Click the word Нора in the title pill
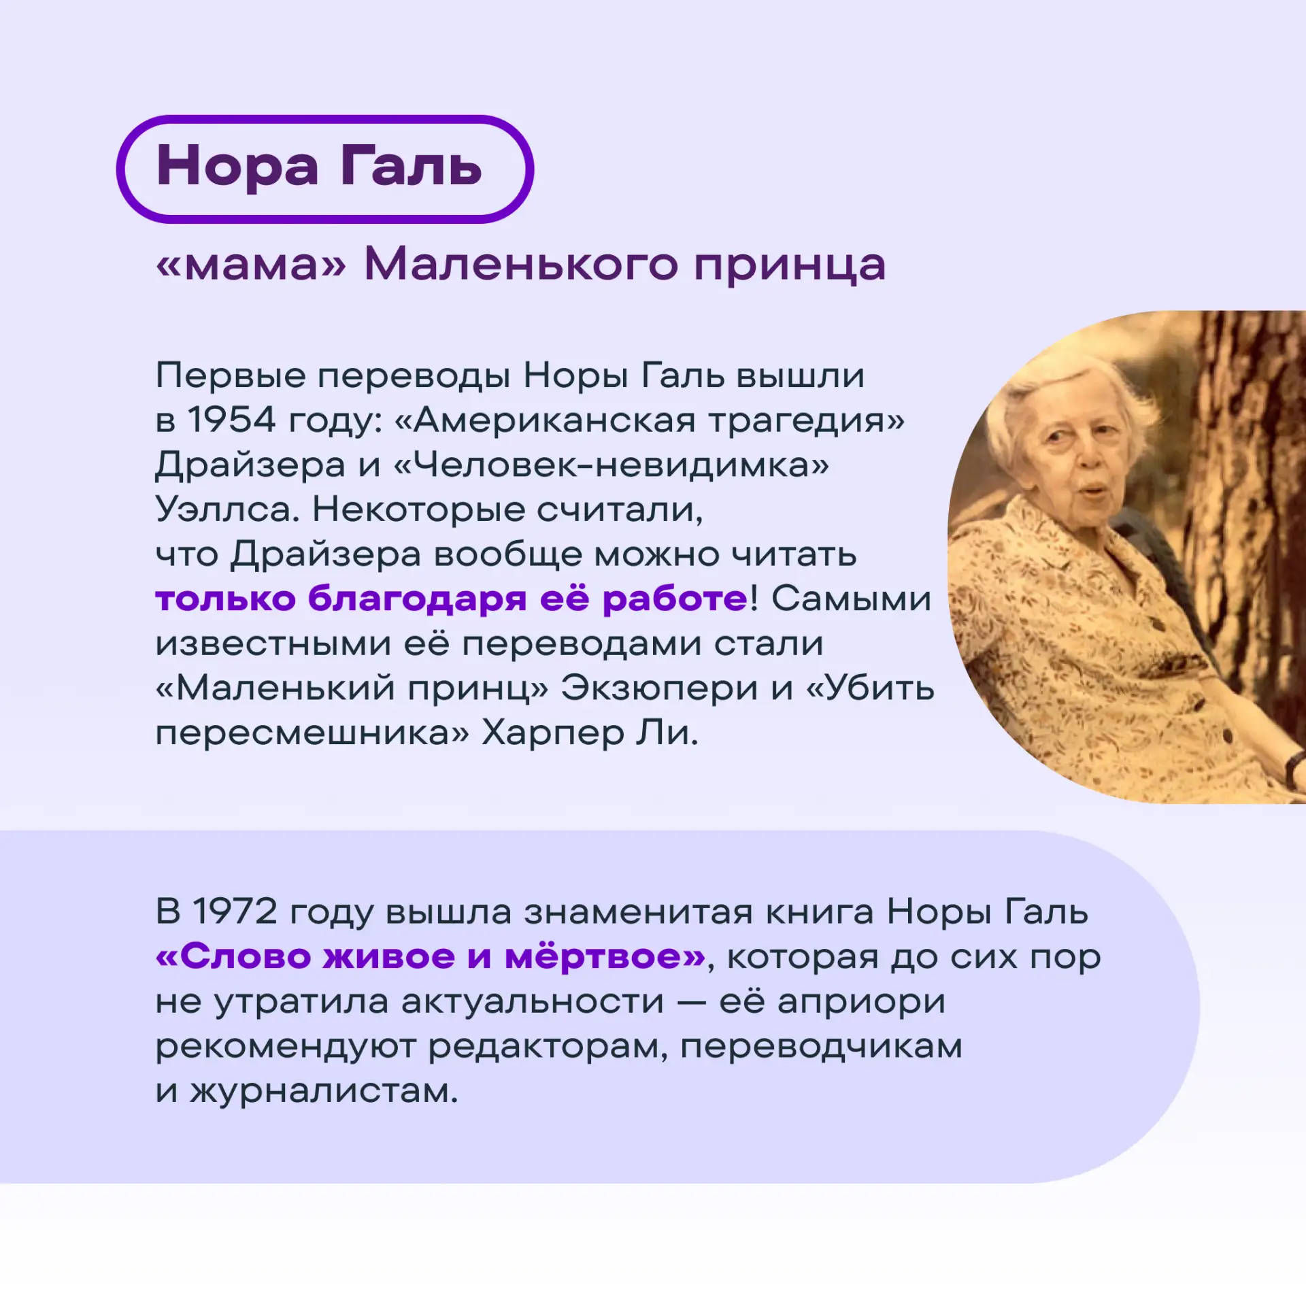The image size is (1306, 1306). [237, 167]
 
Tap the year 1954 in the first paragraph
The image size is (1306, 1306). [231, 420]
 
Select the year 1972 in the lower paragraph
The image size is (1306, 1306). [235, 911]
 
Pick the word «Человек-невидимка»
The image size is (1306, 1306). [611, 465]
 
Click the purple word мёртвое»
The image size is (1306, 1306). [606, 957]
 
